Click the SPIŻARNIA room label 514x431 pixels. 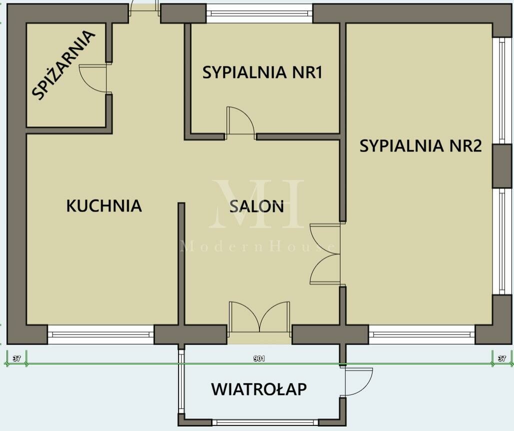coord(63,64)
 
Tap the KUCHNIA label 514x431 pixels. coord(104,206)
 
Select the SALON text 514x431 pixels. coord(256,206)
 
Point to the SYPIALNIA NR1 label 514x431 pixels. coord(262,72)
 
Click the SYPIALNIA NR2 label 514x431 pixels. coord(420,145)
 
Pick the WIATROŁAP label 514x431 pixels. coord(259,389)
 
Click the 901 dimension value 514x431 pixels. coord(259,358)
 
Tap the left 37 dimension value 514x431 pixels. coord(16,358)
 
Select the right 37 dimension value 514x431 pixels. coord(502,358)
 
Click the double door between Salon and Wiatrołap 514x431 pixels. coord(259,316)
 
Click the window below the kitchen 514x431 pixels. coord(101,334)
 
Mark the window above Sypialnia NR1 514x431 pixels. coord(259,13)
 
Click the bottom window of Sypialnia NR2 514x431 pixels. coord(422,334)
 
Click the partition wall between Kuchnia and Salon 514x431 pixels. coord(181,264)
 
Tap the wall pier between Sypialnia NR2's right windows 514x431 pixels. coord(502,166)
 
